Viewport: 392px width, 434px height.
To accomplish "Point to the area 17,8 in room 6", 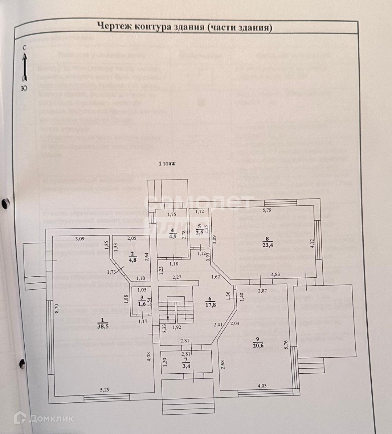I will click(x=209, y=305).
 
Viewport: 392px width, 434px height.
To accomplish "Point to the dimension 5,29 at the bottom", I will click(x=105, y=390).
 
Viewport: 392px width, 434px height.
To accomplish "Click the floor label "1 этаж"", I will click(x=167, y=164).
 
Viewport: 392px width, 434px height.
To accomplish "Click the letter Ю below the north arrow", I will click(x=24, y=88).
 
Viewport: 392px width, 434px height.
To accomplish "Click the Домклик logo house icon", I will click(x=20, y=418).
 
